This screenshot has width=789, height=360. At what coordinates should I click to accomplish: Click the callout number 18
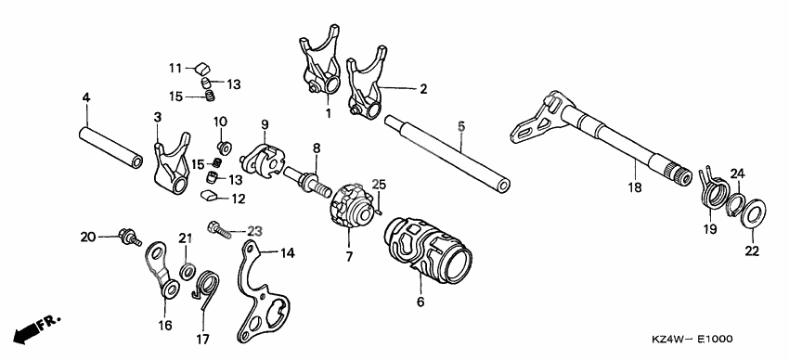point(634,187)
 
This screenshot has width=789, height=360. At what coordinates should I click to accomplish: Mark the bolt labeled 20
point(128,238)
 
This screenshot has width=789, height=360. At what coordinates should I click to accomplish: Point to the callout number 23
point(254,231)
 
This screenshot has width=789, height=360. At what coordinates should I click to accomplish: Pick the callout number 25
point(379,184)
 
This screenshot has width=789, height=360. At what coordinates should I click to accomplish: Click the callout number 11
point(175,68)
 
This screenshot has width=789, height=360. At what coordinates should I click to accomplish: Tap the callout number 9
point(264,123)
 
